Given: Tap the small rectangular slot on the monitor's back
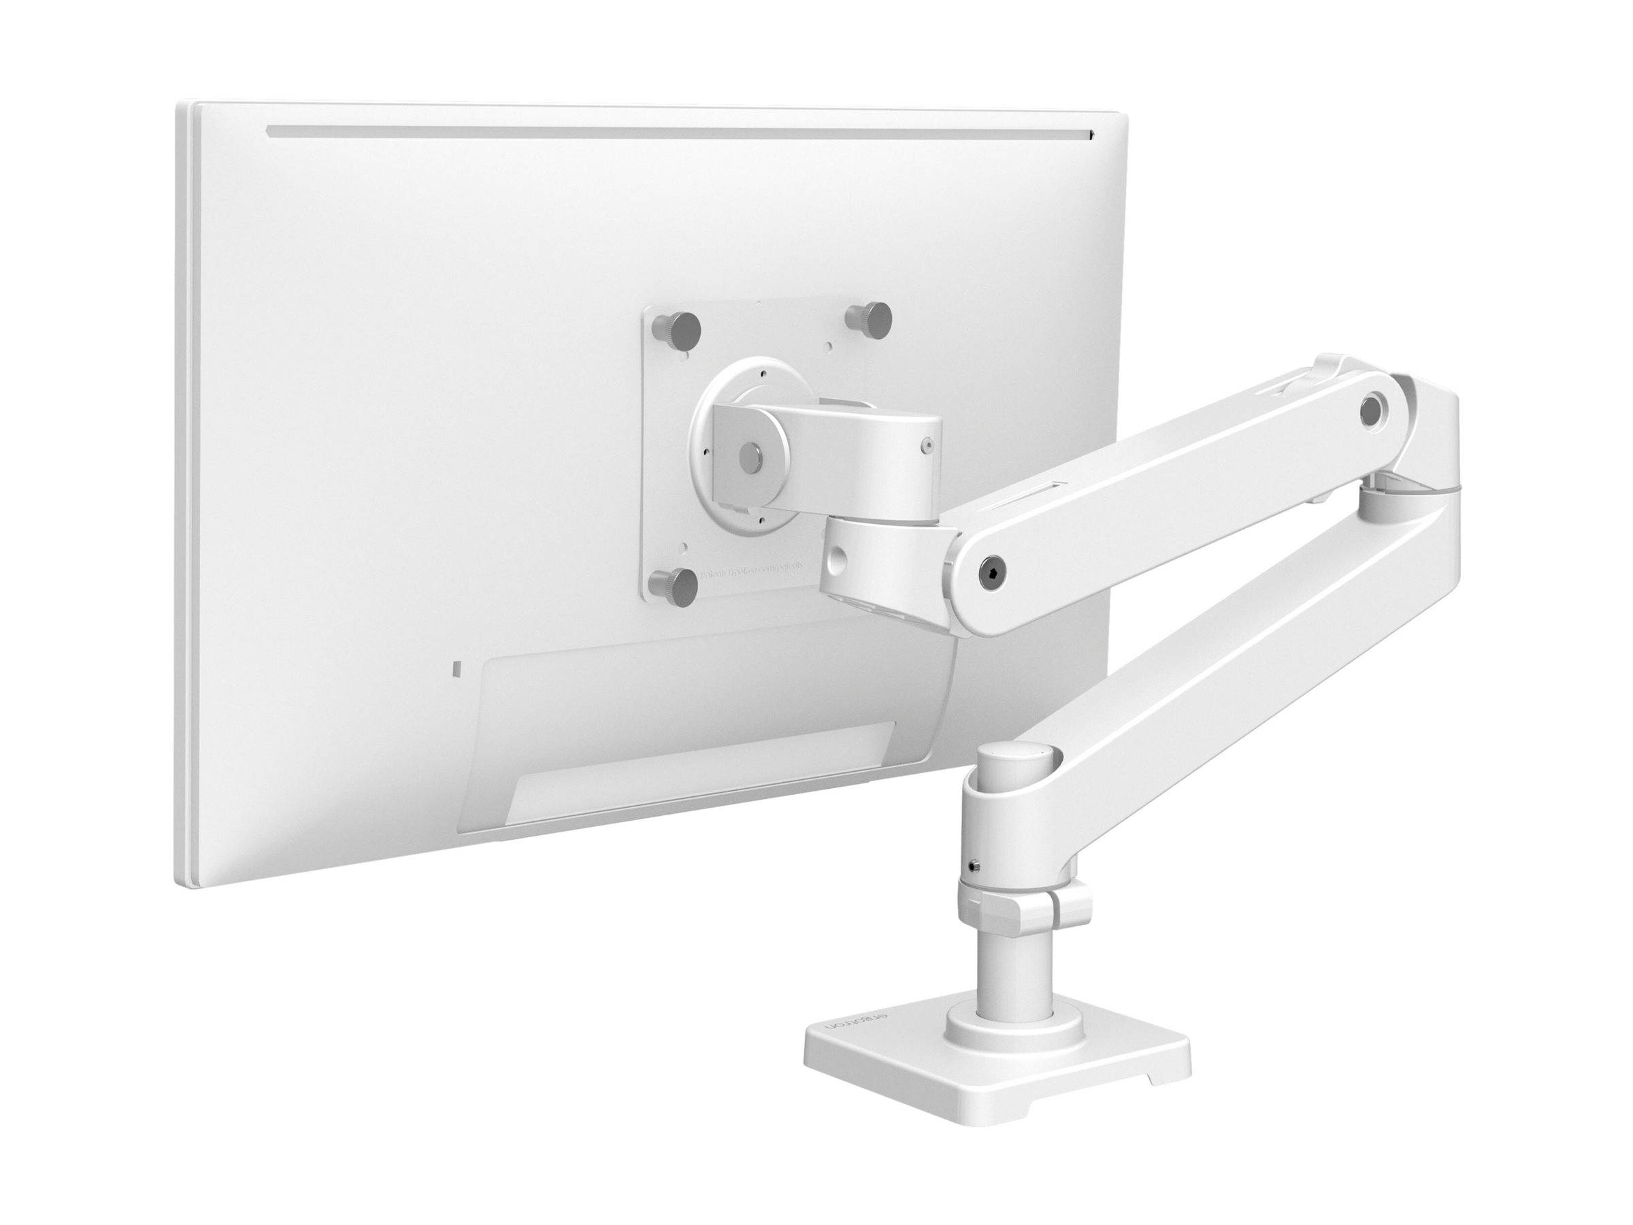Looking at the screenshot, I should tap(455, 668).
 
